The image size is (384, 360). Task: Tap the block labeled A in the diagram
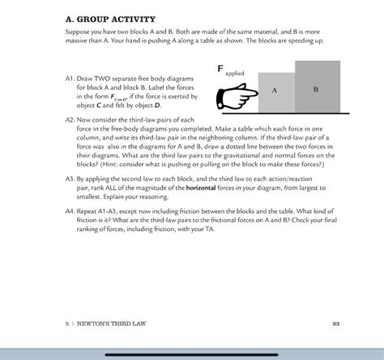click(x=276, y=91)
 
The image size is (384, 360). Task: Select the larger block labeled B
click(x=317, y=87)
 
